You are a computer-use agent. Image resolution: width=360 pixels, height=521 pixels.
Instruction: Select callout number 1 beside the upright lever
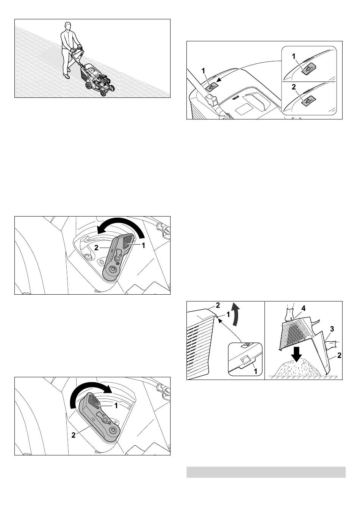(143, 245)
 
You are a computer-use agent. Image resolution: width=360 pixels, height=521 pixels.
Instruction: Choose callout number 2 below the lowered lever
(74, 435)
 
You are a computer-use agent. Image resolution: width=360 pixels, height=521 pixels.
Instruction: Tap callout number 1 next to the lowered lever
(116, 405)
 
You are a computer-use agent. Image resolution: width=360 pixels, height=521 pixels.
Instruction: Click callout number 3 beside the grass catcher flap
(332, 329)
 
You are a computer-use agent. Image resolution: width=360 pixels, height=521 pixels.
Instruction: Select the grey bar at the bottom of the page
(266, 472)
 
